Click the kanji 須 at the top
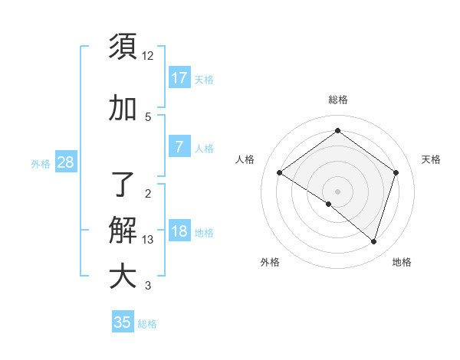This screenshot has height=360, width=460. pyautogui.click(x=123, y=47)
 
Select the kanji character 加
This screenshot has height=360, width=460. pyautogui.click(x=123, y=108)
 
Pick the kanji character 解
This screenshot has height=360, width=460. pyautogui.click(x=123, y=230)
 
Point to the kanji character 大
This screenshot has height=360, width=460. pyautogui.click(x=123, y=277)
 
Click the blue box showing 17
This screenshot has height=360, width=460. pyautogui.click(x=179, y=77)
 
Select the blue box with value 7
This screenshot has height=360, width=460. pyautogui.click(x=179, y=147)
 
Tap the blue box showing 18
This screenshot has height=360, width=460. pyautogui.click(x=179, y=231)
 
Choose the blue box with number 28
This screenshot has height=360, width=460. pyautogui.click(x=65, y=162)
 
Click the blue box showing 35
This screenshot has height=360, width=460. pyautogui.click(x=123, y=322)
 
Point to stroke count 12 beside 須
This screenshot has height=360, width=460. pyautogui.click(x=148, y=56)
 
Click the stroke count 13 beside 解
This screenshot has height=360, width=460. pyautogui.click(x=148, y=240)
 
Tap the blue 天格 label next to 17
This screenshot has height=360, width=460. pyautogui.click(x=204, y=79)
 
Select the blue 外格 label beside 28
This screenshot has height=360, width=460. pyautogui.click(x=41, y=163)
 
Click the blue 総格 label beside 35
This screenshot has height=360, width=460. pyautogui.click(x=147, y=324)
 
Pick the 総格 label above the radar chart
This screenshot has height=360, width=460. pyautogui.click(x=337, y=100)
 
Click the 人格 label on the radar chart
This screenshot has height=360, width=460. pyautogui.click(x=245, y=159)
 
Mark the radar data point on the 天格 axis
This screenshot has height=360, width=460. pyautogui.click(x=396, y=172)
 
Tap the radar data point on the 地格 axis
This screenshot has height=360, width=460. pyautogui.click(x=373, y=241)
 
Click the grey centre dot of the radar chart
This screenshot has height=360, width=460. pyautogui.click(x=337, y=191)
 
